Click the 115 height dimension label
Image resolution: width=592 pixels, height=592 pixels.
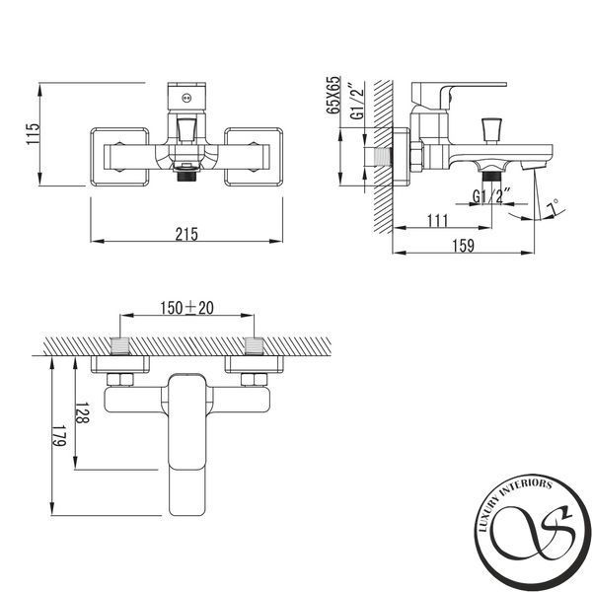[x=33, y=133]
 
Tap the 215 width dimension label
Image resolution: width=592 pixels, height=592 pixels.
[x=186, y=234]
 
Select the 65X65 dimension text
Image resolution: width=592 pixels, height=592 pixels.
[x=333, y=95]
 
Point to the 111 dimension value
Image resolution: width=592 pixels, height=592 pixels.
[x=437, y=221]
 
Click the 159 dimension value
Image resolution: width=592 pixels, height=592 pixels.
[x=464, y=246]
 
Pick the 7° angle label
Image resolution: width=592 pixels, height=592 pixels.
[x=553, y=207]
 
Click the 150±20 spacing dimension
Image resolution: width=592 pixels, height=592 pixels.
[x=186, y=308]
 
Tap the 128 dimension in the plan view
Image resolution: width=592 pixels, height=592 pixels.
[x=83, y=413]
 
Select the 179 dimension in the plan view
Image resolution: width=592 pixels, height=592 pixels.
[x=59, y=436]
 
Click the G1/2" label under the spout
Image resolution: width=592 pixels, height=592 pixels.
[x=491, y=196]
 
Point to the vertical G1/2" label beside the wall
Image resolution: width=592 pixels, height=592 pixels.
[x=357, y=100]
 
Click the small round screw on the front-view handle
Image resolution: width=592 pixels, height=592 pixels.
[x=186, y=98]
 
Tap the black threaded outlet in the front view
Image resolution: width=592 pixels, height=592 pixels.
[x=186, y=177]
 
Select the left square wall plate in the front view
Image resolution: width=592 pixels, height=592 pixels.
[x=119, y=157]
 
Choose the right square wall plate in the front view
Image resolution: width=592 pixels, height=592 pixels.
[x=254, y=157]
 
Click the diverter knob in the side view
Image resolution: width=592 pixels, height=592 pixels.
[x=491, y=131]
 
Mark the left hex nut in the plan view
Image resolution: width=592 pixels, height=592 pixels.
[x=120, y=380]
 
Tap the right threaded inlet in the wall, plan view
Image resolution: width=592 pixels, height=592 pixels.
[x=254, y=346]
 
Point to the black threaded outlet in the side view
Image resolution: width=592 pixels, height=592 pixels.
[x=491, y=177]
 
